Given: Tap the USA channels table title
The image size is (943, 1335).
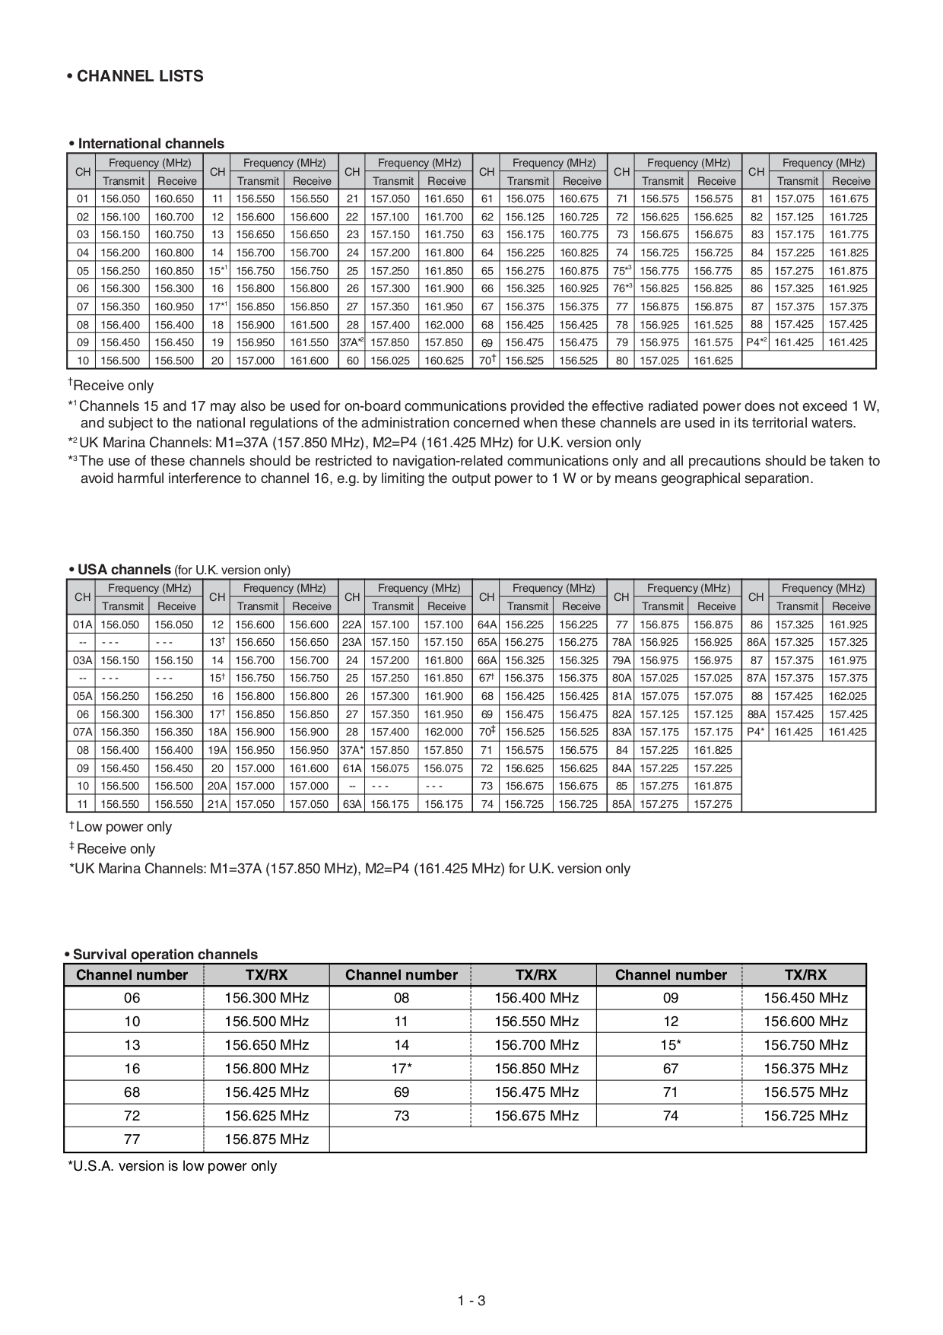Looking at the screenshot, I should pos(124,570).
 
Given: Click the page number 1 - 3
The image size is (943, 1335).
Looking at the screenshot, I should pos(471,1301).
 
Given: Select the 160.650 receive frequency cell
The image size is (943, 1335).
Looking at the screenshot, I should pos(175,199).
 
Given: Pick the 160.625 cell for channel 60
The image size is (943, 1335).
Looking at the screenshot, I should pos(444,361).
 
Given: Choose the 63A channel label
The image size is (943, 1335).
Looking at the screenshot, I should pos(351,804).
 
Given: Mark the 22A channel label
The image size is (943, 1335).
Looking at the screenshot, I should pos(351,625).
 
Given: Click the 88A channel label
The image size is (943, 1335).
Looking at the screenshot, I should pos(756,714).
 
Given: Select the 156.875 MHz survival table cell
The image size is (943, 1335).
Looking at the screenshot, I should pos(266,1140).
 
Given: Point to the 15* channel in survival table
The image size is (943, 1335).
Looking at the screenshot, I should pos(670,1045).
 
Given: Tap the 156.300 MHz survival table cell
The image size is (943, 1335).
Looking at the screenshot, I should pos(266,998).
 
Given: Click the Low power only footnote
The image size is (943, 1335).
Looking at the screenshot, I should pos(123,827).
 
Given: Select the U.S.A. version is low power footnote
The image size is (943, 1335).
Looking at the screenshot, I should pos(173,1166).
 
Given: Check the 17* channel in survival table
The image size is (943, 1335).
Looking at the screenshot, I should pos(401,1069).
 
